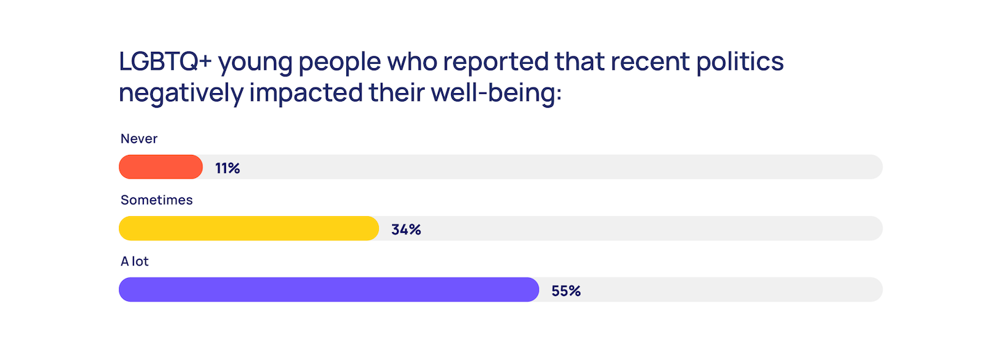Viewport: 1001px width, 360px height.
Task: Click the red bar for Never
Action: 161,167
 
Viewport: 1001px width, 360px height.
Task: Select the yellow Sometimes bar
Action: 249,229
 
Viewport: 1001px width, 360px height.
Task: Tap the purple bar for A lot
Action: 329,290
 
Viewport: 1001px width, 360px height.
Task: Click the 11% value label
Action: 227,168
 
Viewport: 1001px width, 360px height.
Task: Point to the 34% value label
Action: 406,229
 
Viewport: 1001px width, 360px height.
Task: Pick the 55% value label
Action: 566,291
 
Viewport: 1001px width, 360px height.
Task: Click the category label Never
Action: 139,139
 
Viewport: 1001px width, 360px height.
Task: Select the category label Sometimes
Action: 156,200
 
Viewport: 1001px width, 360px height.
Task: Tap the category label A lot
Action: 135,261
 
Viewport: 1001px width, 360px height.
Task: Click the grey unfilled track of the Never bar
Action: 556,167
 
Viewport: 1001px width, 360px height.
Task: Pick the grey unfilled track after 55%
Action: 730,290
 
